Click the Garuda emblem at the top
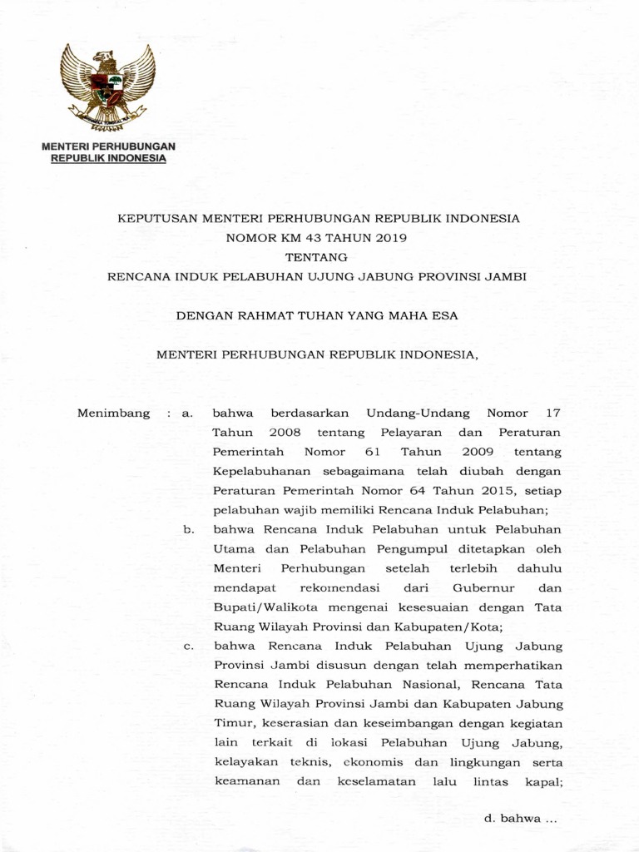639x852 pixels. tap(106, 87)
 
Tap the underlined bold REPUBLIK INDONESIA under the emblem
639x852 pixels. tap(106, 157)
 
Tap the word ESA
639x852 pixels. tap(447, 315)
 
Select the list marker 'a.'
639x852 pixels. tap(188, 413)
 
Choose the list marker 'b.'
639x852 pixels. tap(188, 530)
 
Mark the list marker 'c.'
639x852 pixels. tap(188, 646)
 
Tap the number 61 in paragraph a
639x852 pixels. tap(372, 452)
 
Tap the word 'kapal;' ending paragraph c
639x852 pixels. tap(544, 782)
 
